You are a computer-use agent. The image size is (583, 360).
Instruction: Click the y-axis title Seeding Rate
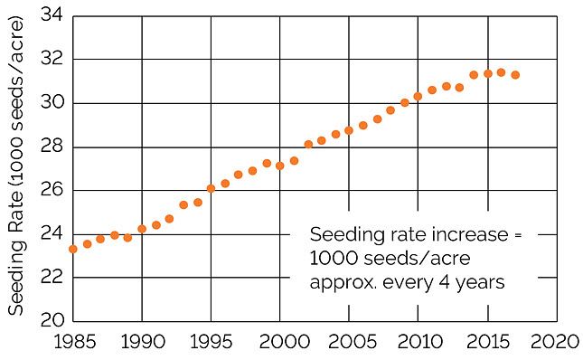pos(16,167)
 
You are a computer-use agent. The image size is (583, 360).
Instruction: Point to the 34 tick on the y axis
pos(51,15)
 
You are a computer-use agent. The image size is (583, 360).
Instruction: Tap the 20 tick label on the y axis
pos(51,321)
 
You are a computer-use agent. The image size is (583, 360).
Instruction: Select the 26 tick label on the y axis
pos(51,190)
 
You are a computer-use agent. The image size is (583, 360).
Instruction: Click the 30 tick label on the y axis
pos(51,103)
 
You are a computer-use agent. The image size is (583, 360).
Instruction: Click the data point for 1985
pos(73,249)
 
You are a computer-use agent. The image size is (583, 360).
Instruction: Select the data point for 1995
pos(211,188)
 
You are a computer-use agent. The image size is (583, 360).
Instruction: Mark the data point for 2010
pos(418,96)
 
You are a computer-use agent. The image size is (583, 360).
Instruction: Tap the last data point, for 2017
pos(514,75)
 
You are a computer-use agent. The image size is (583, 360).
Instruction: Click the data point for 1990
pos(142,229)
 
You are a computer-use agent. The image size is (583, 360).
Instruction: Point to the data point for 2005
pos(349,130)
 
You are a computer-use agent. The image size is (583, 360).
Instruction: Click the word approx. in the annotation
pos(342,281)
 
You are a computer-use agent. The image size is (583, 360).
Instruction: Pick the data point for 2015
pos(487,73)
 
